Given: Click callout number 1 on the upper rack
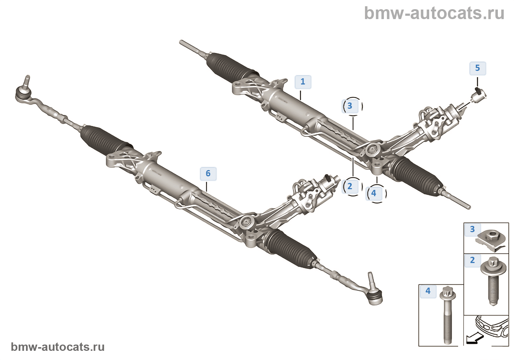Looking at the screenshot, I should (x=303, y=82).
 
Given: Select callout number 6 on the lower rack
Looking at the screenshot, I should (x=208, y=173).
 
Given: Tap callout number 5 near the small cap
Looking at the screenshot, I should (x=477, y=68).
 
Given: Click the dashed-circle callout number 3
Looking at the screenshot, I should (x=350, y=106).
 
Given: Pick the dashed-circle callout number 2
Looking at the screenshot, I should (x=350, y=186).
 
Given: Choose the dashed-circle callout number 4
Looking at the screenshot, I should (x=374, y=193).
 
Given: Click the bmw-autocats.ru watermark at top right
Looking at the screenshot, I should (x=434, y=13).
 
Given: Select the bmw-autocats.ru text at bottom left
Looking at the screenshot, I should (x=58, y=347).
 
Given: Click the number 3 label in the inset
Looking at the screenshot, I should (x=472, y=229).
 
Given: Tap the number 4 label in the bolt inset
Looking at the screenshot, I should (x=428, y=291).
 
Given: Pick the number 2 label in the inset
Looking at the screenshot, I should (x=472, y=260).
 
